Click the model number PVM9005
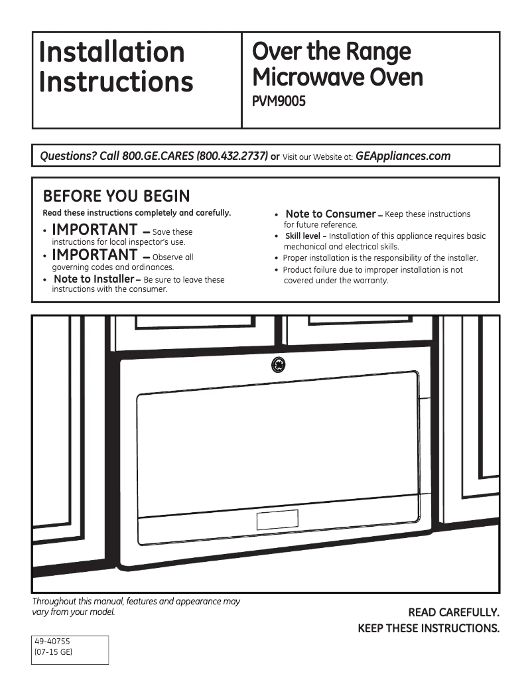[x=279, y=103]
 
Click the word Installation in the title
[x=111, y=52]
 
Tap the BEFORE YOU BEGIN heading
[x=116, y=196]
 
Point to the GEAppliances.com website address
[x=403, y=157]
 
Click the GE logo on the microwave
[x=279, y=366]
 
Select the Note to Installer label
[x=94, y=279]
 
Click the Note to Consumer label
[x=330, y=214]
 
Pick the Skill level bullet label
[x=302, y=236]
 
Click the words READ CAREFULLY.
[x=453, y=613]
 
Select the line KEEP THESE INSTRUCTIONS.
[x=428, y=628]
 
